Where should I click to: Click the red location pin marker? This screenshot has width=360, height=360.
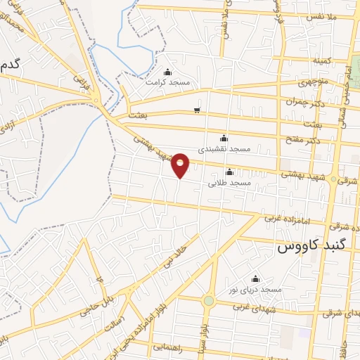tap(181, 164)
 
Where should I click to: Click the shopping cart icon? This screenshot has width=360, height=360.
tap(197, 110)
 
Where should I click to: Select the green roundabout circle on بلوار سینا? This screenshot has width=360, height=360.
tap(208, 301)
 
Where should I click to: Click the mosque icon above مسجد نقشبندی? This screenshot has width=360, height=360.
tap(224, 138)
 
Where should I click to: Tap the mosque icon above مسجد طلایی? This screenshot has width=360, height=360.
tap(229, 172)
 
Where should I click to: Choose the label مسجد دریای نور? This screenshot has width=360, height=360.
tap(257, 290)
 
